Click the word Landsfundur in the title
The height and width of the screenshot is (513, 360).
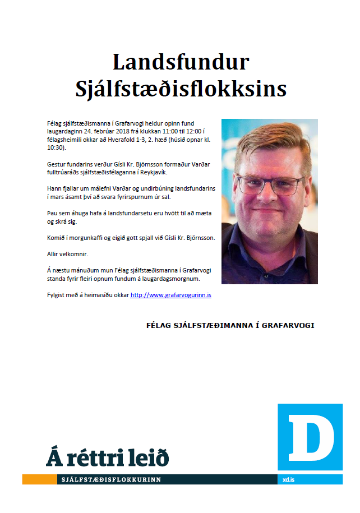181,62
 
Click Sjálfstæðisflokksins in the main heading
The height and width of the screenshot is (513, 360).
181,89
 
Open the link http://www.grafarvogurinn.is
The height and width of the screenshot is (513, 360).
171,294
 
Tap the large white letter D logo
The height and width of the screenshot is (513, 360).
310,436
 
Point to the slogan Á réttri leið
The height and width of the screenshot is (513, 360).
107,457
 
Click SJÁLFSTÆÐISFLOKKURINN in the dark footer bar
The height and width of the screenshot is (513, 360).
111,480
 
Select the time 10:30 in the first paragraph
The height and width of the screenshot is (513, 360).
56,148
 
